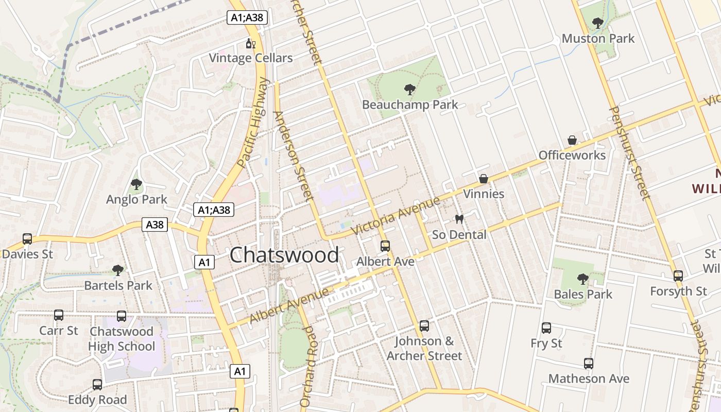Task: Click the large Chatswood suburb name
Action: coord(284,255)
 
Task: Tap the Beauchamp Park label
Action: coord(410,105)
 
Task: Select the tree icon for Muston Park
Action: coord(598,23)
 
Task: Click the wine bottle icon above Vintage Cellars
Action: coord(251,44)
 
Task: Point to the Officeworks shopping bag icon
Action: coord(572,140)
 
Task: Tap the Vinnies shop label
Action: coord(484,194)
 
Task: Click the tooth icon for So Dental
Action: coord(459,219)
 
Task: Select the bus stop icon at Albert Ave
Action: coord(385,246)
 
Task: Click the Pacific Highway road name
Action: coord(254,123)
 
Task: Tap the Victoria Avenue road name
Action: coord(396,216)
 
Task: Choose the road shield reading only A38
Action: coord(155,225)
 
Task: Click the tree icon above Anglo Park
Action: coord(136,184)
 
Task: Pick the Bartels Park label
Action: coord(118,285)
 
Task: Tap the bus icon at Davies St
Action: coord(27,239)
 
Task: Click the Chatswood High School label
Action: coord(122,338)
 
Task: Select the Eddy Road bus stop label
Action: coord(97,400)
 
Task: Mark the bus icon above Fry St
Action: coord(546,328)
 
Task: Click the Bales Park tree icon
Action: coord(583,279)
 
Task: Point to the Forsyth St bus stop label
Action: coord(678,291)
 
